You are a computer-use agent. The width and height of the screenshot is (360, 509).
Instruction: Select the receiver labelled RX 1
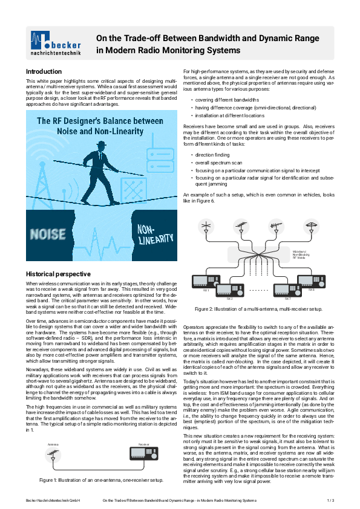205,280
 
